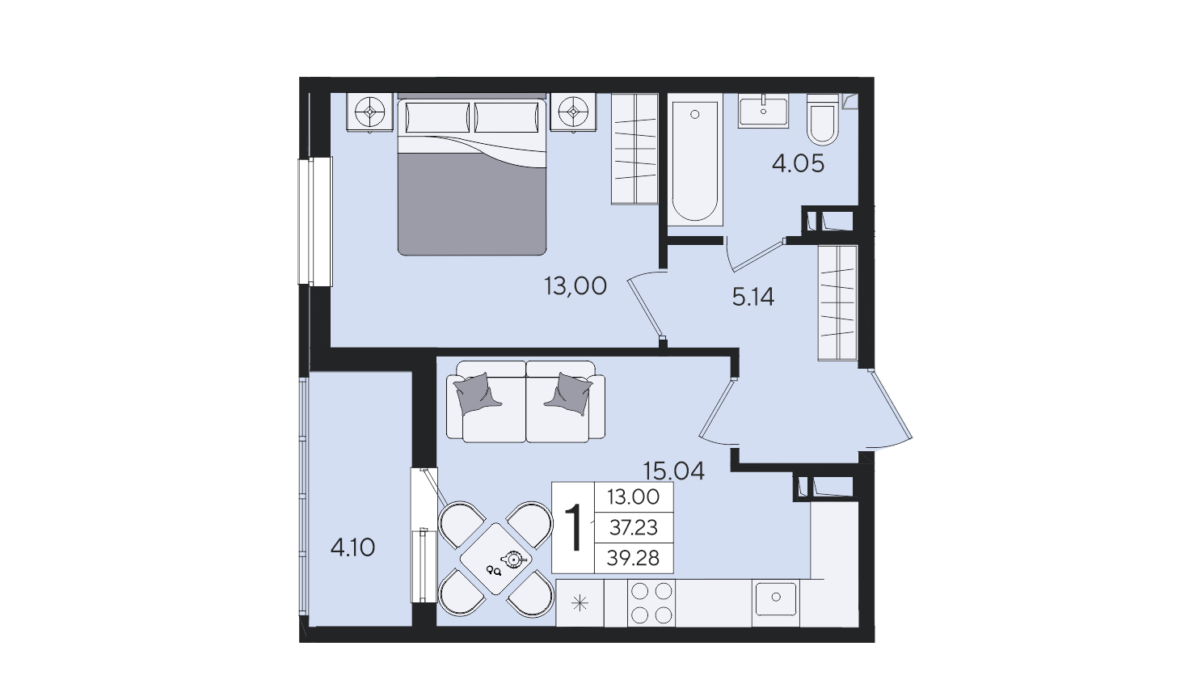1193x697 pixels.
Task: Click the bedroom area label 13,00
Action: pyautogui.click(x=575, y=287)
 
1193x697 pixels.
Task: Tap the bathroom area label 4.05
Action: pyautogui.click(x=799, y=163)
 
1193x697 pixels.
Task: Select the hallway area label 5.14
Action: pyautogui.click(x=753, y=298)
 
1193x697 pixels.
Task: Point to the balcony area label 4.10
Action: pyautogui.click(x=352, y=547)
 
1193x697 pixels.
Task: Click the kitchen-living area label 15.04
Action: pyautogui.click(x=674, y=471)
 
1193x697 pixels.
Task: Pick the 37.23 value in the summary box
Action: pyautogui.click(x=634, y=528)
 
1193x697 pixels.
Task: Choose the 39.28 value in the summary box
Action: pyautogui.click(x=634, y=559)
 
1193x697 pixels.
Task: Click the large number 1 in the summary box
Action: pyautogui.click(x=574, y=528)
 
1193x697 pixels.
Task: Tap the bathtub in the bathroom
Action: pyautogui.click(x=695, y=160)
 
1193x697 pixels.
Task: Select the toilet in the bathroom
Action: pyautogui.click(x=822, y=120)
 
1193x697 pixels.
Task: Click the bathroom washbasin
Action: pyautogui.click(x=763, y=111)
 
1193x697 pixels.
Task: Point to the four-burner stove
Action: pyautogui.click(x=651, y=602)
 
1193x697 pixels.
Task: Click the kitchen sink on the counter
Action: pyautogui.click(x=776, y=598)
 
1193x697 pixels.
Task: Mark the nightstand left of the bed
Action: pyautogui.click(x=370, y=112)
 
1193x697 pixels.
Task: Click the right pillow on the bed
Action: pyautogui.click(x=506, y=118)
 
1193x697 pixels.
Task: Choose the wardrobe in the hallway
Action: pyautogui.click(x=837, y=302)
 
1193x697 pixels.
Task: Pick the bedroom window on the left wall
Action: pyautogui.click(x=315, y=222)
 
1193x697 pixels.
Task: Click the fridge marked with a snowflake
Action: pyautogui.click(x=580, y=602)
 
